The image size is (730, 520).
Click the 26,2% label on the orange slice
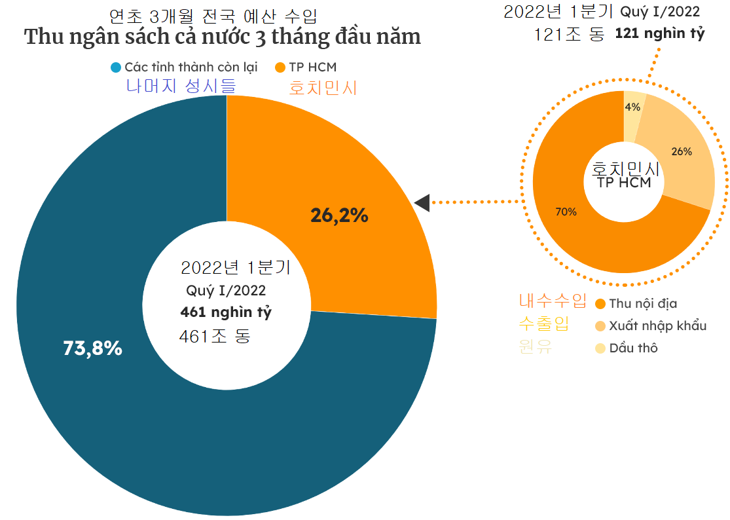(x=339, y=215)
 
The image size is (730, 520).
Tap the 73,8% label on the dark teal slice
(x=92, y=348)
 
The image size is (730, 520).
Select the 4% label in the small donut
(x=632, y=107)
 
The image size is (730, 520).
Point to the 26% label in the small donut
(x=682, y=151)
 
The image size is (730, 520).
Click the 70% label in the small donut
(x=566, y=212)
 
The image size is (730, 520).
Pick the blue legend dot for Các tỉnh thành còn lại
(x=116, y=67)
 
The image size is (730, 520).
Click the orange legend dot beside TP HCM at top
(x=280, y=67)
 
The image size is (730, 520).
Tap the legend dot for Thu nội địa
(x=600, y=303)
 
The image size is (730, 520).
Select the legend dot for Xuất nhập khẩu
(x=600, y=325)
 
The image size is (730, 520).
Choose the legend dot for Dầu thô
(x=600, y=348)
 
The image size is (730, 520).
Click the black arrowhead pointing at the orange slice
(x=422, y=202)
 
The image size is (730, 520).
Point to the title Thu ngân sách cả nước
(x=223, y=37)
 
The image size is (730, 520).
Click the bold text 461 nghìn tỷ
(x=226, y=312)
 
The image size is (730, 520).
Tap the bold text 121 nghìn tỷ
(x=659, y=34)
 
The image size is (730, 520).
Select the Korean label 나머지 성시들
(x=181, y=86)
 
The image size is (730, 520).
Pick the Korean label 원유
(x=536, y=346)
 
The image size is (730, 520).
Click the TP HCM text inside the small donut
(x=624, y=183)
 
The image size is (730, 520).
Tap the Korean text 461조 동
(x=215, y=337)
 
